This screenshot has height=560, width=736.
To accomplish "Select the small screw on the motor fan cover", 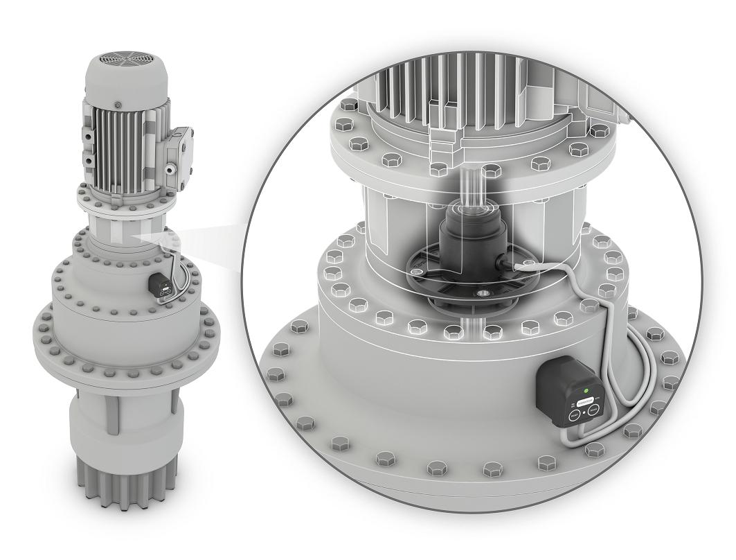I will [118, 105].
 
